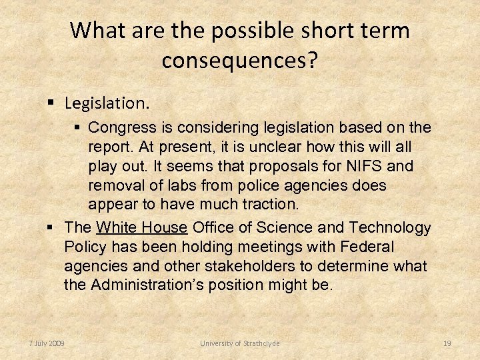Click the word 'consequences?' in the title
click(239, 61)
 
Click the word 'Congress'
click(117, 127)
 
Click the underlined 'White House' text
click(141, 228)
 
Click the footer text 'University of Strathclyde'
click(240, 343)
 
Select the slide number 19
click(447, 343)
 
